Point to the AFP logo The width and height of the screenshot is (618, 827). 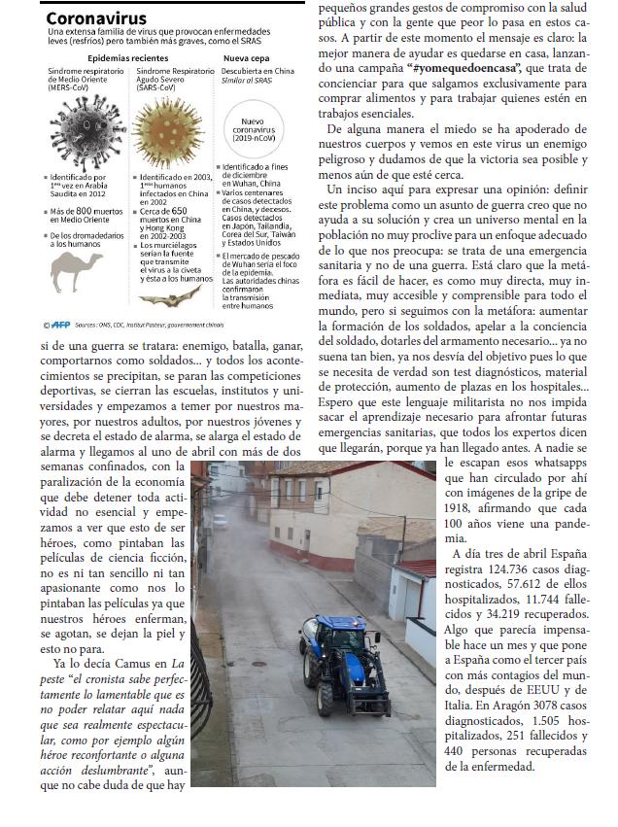point(59,325)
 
